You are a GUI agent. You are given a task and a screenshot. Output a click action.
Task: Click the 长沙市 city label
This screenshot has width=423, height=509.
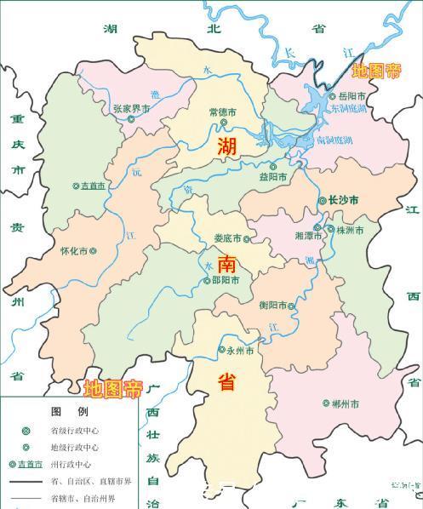(345, 200)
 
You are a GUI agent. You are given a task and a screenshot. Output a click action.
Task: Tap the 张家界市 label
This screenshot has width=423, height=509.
(132, 108)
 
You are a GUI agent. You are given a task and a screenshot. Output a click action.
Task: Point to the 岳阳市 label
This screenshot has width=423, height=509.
(352, 96)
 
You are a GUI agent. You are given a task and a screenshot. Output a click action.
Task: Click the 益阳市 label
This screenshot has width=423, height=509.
(273, 177)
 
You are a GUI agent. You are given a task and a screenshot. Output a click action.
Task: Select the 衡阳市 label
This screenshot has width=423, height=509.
(272, 305)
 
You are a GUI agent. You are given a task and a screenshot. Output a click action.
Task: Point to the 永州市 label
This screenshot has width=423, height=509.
(240, 349)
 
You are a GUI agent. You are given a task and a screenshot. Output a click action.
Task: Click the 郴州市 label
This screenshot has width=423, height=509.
(344, 403)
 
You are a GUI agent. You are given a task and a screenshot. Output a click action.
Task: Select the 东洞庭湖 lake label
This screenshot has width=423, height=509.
(348, 109)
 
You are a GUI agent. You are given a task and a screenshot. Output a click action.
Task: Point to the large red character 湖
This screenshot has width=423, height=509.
(227, 146)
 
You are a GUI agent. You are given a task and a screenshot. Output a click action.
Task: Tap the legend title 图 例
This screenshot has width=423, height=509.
(68, 411)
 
